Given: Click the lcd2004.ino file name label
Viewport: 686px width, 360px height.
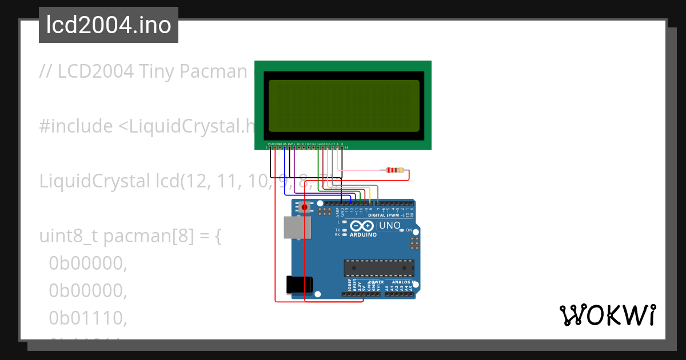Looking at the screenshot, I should tap(109, 25).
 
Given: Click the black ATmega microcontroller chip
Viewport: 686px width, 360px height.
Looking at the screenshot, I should tap(378, 267).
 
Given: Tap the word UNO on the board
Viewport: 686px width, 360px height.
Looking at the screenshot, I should tap(390, 225).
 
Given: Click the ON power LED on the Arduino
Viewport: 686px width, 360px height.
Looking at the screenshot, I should tap(401, 230).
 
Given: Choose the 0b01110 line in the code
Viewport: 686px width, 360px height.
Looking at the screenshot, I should tap(87, 318).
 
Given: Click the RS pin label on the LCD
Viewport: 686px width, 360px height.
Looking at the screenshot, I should tap(285, 144).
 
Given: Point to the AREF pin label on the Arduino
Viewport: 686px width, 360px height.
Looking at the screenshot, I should tap(337, 212).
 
